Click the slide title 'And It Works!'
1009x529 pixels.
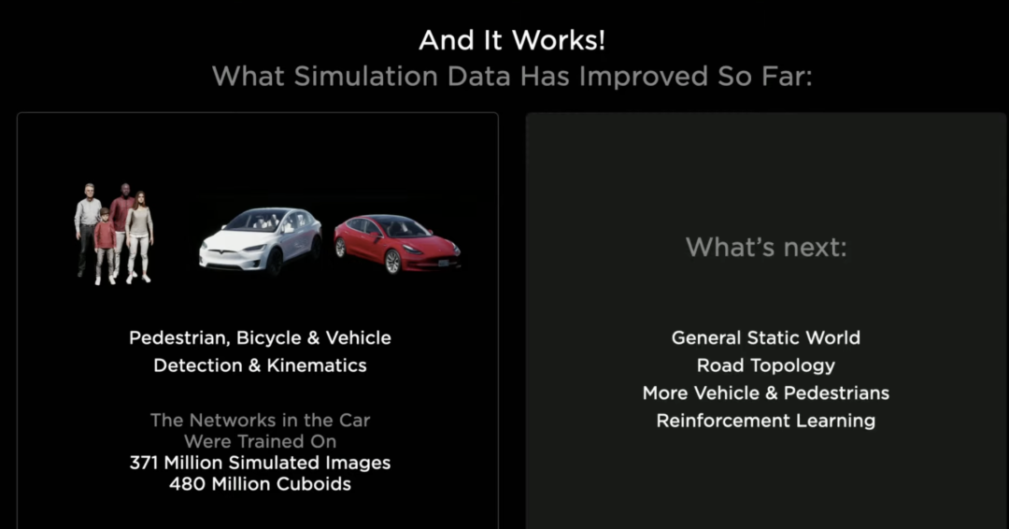pyautogui.click(x=512, y=40)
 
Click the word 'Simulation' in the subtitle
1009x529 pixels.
pyautogui.click(x=365, y=77)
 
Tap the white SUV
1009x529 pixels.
pyautogui.click(x=261, y=241)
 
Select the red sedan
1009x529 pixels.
pyautogui.click(x=397, y=243)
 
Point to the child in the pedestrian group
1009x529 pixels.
pyautogui.click(x=105, y=246)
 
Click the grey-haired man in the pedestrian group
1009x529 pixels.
pyautogui.click(x=87, y=229)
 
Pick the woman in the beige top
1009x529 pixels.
pyautogui.click(x=139, y=236)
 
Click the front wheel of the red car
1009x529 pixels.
pyautogui.click(x=392, y=262)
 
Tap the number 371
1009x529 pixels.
pyautogui.click(x=144, y=463)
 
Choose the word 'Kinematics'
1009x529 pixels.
pyautogui.click(x=317, y=365)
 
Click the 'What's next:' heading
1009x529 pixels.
pyautogui.click(x=766, y=247)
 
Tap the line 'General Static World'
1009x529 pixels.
pyautogui.click(x=766, y=337)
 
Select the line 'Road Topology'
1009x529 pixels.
pyautogui.click(x=766, y=366)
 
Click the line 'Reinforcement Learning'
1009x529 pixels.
pyautogui.click(x=766, y=421)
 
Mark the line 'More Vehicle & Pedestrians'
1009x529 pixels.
pyautogui.click(x=766, y=393)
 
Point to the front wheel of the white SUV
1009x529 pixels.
pyautogui.click(x=275, y=263)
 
